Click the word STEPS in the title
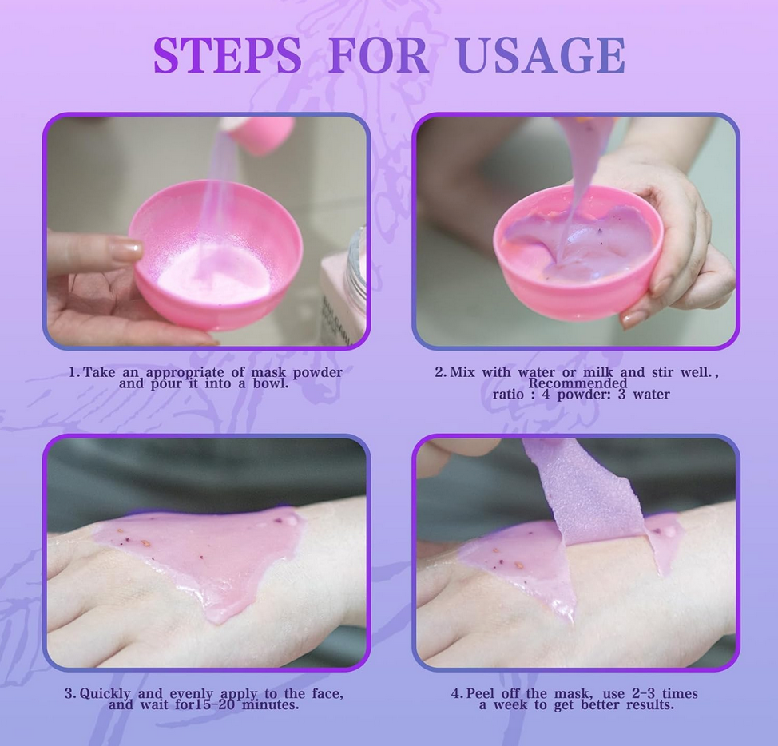(x=227, y=54)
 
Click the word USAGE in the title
(x=541, y=54)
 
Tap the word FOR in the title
(x=379, y=54)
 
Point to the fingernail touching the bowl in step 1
(x=126, y=249)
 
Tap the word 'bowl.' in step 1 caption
(x=271, y=383)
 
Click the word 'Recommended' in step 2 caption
(x=578, y=383)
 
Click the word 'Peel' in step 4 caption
(x=482, y=693)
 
